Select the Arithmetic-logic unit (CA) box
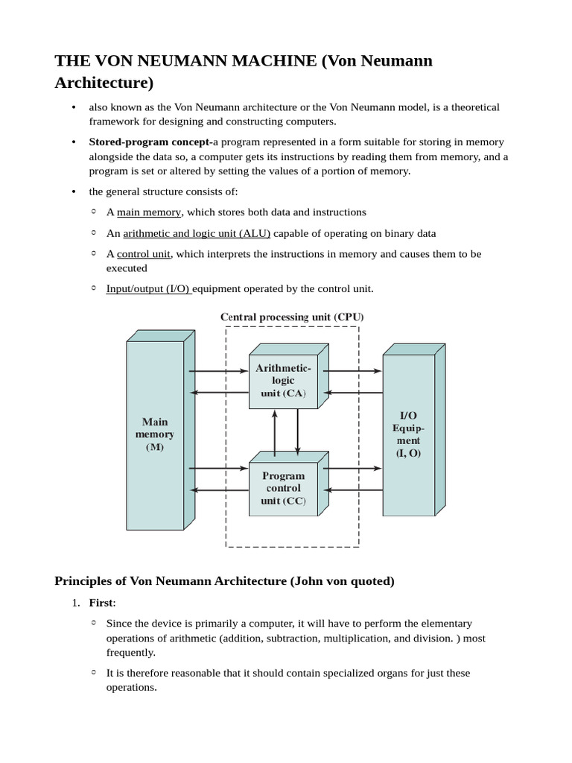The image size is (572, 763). pyautogui.click(x=283, y=381)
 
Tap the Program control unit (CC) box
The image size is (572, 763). pyautogui.click(x=283, y=488)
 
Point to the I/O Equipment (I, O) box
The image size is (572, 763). pyautogui.click(x=408, y=434)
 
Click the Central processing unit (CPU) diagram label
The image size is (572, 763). pyautogui.click(x=292, y=317)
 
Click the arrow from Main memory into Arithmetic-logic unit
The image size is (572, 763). pyautogui.click(x=217, y=370)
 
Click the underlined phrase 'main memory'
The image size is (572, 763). pyautogui.click(x=149, y=212)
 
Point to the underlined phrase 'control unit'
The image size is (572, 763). pyautogui.click(x=144, y=254)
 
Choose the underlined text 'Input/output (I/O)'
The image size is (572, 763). pyautogui.click(x=148, y=288)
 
